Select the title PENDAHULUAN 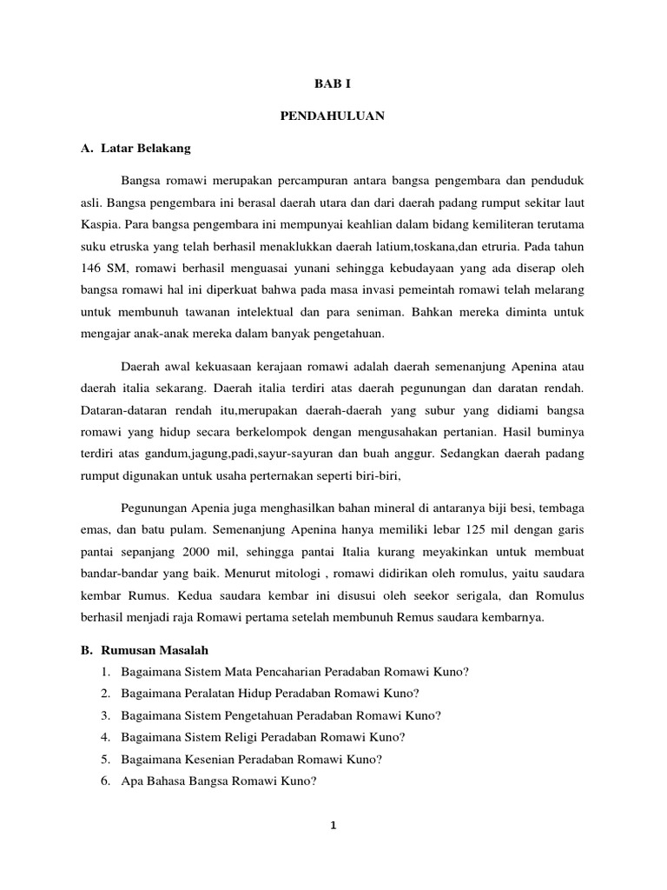(x=333, y=116)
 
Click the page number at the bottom (x=333, y=825)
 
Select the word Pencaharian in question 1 (x=294, y=672)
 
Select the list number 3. (x=105, y=715)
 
